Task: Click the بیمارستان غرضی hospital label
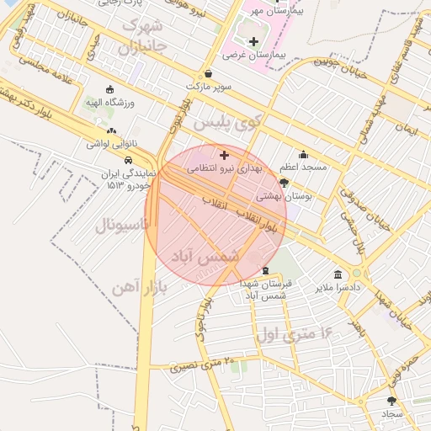click(254, 54)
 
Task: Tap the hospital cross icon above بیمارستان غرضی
click(253, 40)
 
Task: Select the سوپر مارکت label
click(208, 86)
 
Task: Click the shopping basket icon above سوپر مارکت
click(208, 73)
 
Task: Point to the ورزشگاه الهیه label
click(111, 102)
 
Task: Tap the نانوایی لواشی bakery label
click(109, 144)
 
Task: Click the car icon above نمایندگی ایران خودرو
click(127, 160)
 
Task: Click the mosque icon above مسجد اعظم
click(303, 155)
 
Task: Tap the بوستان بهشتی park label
click(284, 195)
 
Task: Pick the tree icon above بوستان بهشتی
click(284, 183)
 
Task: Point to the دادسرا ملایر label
click(338, 287)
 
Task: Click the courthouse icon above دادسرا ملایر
click(338, 274)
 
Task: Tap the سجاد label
click(392, 414)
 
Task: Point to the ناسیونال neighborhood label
click(122, 226)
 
